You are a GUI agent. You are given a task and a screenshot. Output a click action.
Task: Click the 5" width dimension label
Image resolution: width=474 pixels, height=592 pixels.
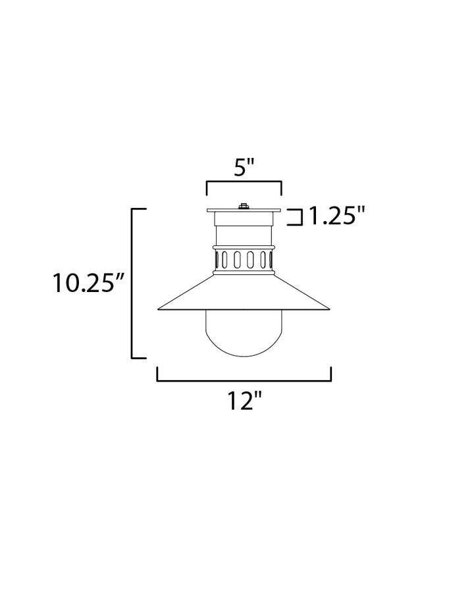tap(244, 168)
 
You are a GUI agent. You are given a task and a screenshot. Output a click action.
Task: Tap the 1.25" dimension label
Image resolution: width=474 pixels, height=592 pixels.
tap(336, 216)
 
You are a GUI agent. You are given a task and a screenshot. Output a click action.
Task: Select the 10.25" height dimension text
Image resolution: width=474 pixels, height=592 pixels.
tap(90, 284)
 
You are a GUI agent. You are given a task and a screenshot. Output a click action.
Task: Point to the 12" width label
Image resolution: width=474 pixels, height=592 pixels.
tap(244, 400)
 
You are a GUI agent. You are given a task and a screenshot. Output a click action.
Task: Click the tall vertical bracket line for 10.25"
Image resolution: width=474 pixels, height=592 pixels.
tap(133, 284)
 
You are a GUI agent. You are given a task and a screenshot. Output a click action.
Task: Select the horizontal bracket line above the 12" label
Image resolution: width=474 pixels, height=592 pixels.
tap(244, 380)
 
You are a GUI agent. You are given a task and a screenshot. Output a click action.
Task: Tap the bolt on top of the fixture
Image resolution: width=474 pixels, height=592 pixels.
tap(244, 207)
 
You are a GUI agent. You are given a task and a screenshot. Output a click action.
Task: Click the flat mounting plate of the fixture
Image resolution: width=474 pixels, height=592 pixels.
tap(244, 212)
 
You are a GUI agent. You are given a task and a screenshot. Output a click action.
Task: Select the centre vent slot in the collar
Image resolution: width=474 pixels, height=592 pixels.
tap(244, 260)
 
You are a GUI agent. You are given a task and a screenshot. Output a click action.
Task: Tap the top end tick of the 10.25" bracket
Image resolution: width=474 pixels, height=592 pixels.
tap(139, 209)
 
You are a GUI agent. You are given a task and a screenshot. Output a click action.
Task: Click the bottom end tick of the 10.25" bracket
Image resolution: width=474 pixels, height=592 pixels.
tap(139, 358)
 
